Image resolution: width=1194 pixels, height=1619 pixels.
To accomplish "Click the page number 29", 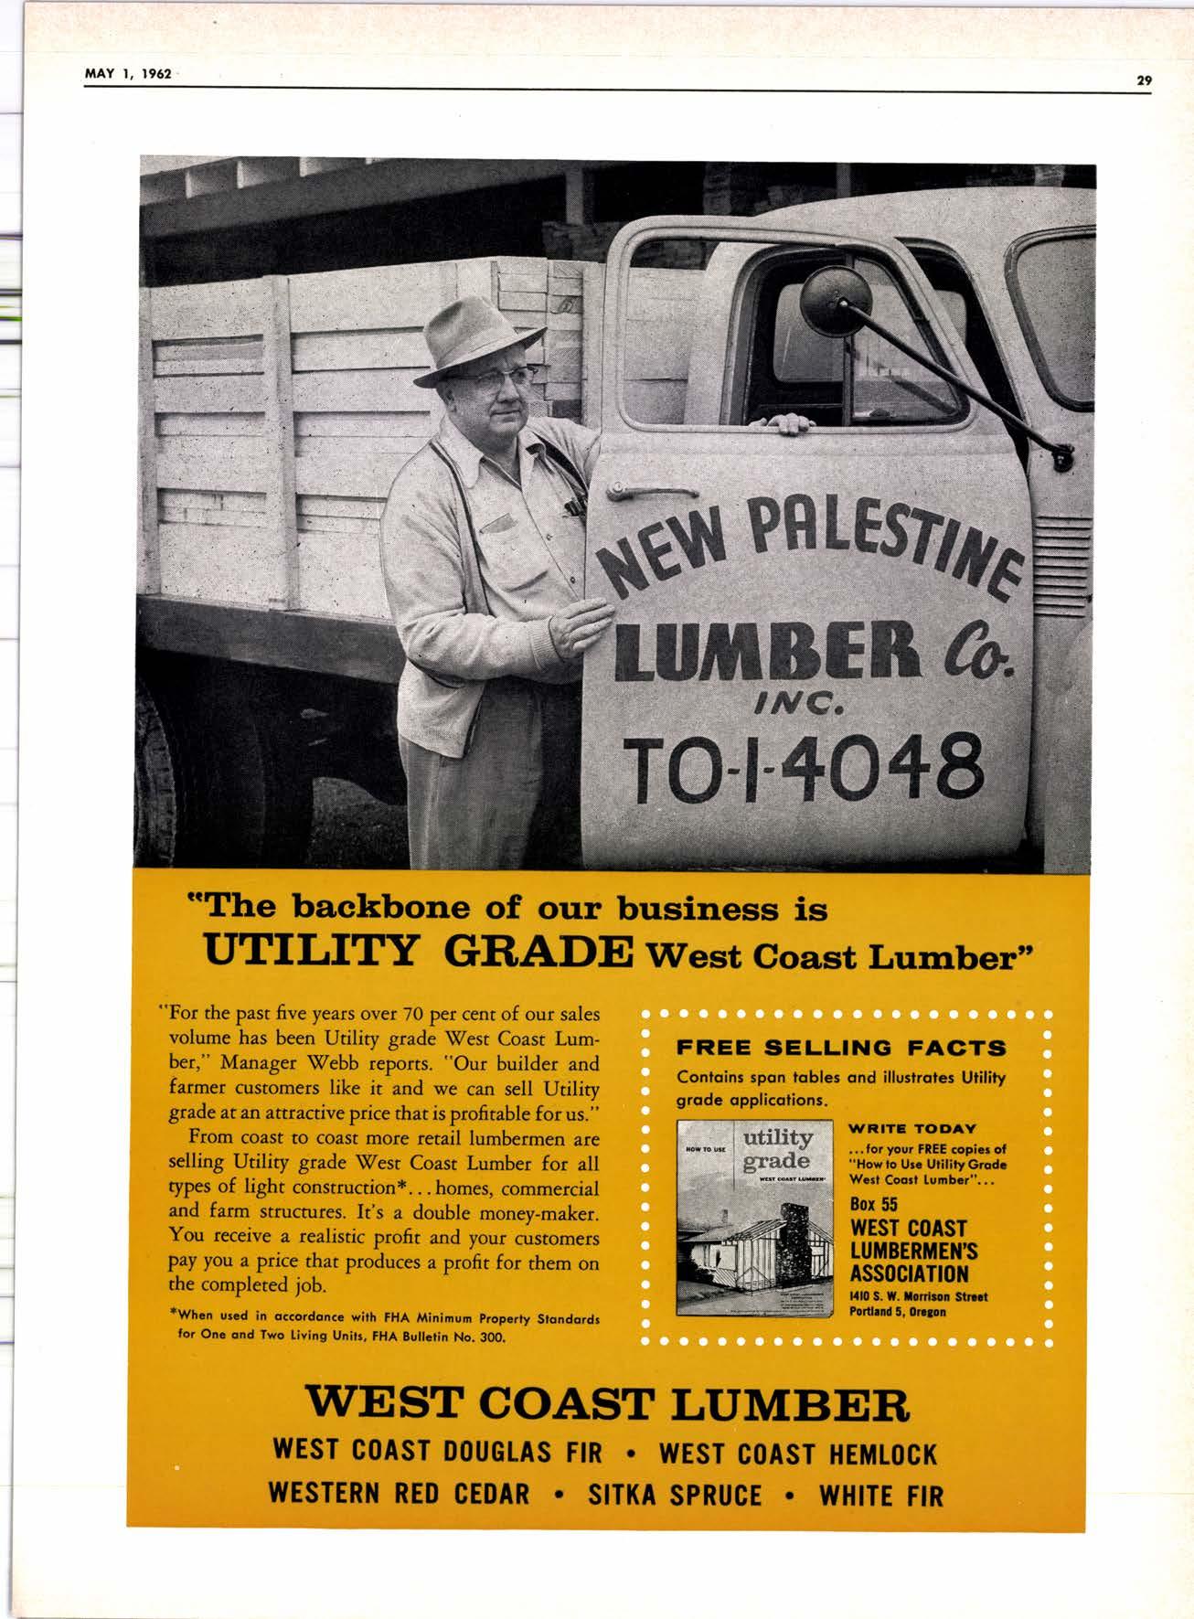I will pos(1144,80).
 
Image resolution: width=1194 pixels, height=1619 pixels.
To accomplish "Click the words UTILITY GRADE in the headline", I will pos(416,954).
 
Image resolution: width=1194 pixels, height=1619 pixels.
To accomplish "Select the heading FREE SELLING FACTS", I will pos(841,1048).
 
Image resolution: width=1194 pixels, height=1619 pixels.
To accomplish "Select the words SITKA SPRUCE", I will pos(675,1495).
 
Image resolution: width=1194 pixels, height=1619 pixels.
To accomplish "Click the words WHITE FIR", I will pos(880,1495).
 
